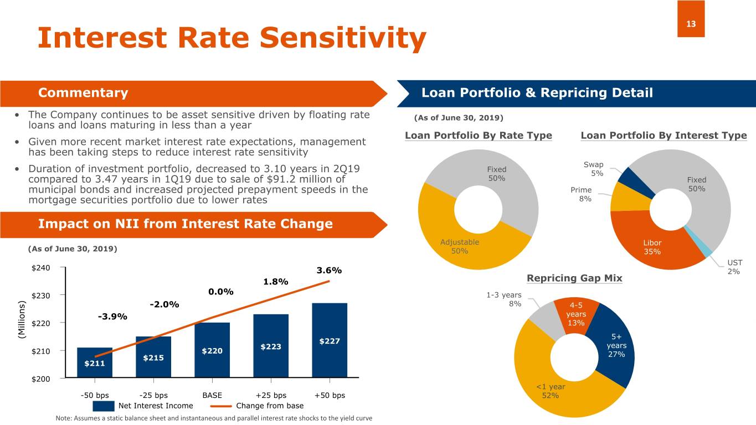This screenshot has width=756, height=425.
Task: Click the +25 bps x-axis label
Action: (271, 395)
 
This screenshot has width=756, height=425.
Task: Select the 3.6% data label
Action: (328, 271)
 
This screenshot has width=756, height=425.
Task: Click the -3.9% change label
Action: (112, 317)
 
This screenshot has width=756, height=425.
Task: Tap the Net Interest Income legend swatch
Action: (104, 406)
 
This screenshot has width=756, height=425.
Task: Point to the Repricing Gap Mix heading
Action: (574, 278)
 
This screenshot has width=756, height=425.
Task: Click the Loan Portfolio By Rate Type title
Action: (479, 136)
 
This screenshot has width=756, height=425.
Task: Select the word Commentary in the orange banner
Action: (83, 93)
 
